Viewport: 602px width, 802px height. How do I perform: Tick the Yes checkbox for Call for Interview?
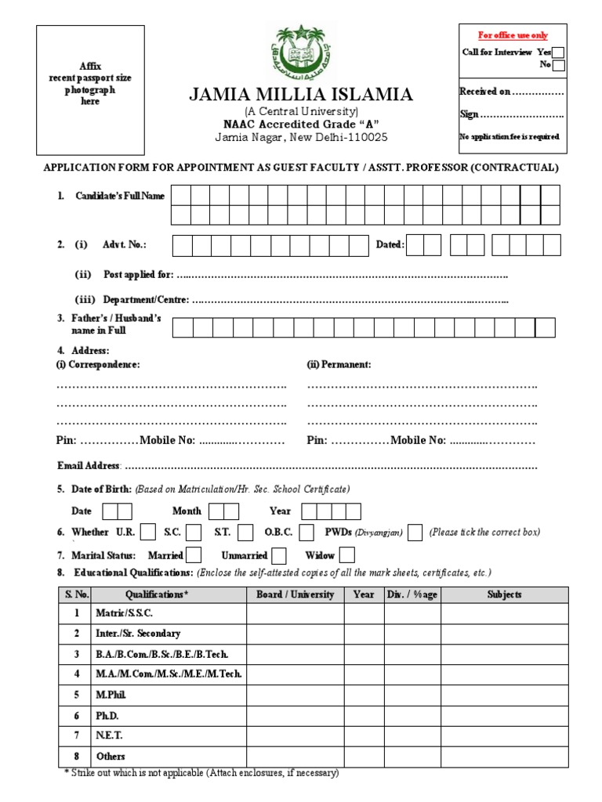click(558, 52)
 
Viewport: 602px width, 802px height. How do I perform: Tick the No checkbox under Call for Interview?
click(558, 66)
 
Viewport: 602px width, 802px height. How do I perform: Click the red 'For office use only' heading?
click(513, 35)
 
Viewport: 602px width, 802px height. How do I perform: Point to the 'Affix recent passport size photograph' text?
click(90, 84)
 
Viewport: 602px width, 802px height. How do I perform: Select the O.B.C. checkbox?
click(306, 533)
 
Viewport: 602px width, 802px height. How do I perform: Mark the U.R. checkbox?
click(147, 533)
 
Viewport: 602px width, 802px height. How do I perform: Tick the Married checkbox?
click(194, 555)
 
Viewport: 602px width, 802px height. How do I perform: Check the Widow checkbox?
click(346, 555)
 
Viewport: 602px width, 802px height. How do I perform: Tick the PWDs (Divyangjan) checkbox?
click(415, 533)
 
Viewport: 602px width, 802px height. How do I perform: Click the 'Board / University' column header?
click(295, 594)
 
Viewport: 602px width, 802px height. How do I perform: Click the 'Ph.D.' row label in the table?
click(107, 716)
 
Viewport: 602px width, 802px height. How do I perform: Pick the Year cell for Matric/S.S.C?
click(363, 613)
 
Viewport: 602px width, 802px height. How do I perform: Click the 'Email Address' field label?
click(89, 466)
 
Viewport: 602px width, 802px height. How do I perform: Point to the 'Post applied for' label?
click(138, 275)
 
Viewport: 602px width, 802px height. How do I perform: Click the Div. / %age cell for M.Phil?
click(412, 695)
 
